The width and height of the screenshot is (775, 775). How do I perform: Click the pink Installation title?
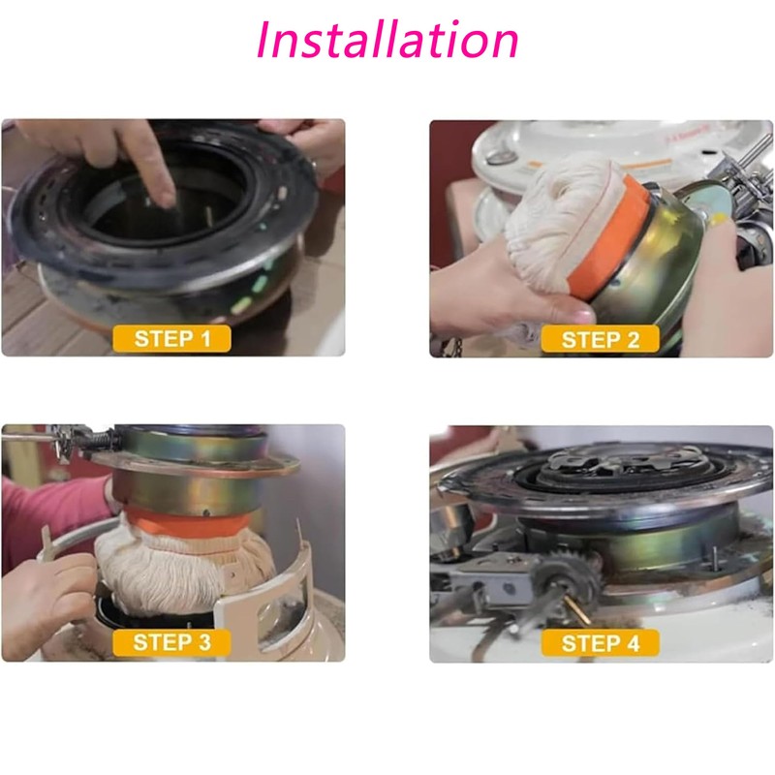pos(387,39)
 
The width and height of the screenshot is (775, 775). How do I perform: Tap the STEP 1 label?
pos(172,338)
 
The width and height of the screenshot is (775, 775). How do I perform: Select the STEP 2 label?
pos(600,340)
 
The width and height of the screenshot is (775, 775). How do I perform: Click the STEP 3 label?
pos(172,642)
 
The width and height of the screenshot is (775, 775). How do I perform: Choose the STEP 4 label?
pos(600,643)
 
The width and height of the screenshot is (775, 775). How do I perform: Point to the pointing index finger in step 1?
pos(153,168)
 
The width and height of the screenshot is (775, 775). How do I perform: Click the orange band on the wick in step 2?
pos(609,238)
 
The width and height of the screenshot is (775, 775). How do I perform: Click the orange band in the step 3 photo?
pos(187,523)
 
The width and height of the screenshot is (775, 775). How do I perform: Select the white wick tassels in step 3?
pos(183,573)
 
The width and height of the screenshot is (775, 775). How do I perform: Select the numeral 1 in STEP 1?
pos(205,339)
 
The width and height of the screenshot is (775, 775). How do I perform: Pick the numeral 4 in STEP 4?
pos(633,643)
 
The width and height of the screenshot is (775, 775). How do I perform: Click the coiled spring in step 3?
pos(101,438)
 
